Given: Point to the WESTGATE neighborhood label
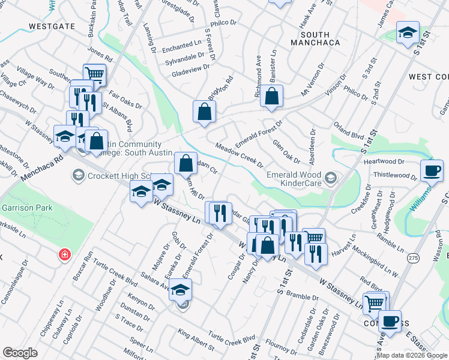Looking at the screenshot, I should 51,26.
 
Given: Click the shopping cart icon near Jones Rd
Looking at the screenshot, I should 94,75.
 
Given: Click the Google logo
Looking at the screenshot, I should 19,352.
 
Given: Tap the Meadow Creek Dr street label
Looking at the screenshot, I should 239,155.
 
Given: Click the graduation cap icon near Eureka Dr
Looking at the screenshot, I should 180,290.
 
